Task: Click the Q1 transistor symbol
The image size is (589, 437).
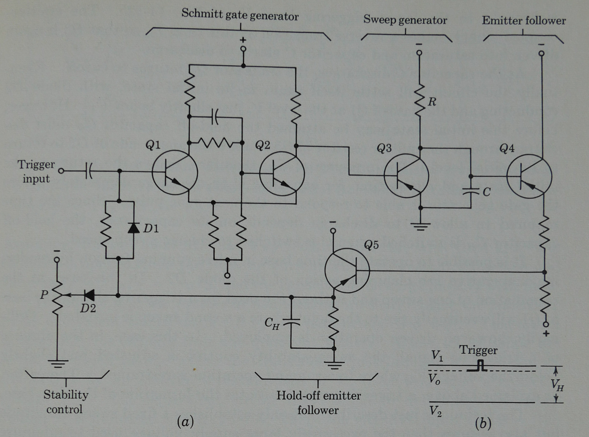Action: [175, 173]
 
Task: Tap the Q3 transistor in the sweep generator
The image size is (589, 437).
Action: [406, 176]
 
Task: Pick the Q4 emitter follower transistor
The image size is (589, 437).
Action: [529, 177]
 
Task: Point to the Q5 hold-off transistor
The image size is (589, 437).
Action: [347, 270]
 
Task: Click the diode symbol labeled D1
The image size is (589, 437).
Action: [134, 228]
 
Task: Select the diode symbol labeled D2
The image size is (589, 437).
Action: [89, 295]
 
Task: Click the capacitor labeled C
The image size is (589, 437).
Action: [471, 192]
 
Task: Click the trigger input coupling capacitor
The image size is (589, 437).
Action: [88, 171]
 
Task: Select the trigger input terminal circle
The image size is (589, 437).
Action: [61, 171]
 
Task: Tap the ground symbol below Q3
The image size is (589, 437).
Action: [420, 226]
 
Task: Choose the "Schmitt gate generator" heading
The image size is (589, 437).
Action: [240, 15]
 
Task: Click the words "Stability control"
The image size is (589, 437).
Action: [66, 402]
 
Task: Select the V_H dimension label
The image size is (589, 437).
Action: [557, 385]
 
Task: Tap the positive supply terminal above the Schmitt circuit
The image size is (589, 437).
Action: [243, 49]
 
